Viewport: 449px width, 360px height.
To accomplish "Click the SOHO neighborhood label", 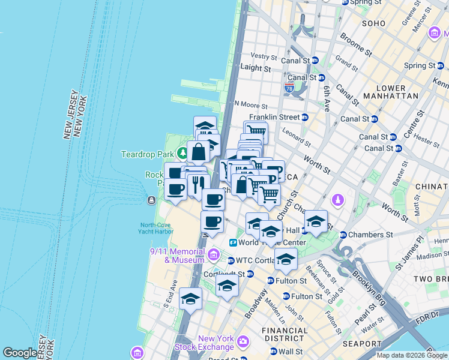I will pyautogui.click(x=373, y=23).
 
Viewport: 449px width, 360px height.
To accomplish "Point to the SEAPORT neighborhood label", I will pyautogui.click(x=361, y=344).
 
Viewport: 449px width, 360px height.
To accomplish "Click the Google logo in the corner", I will pyautogui.click(x=20, y=353).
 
